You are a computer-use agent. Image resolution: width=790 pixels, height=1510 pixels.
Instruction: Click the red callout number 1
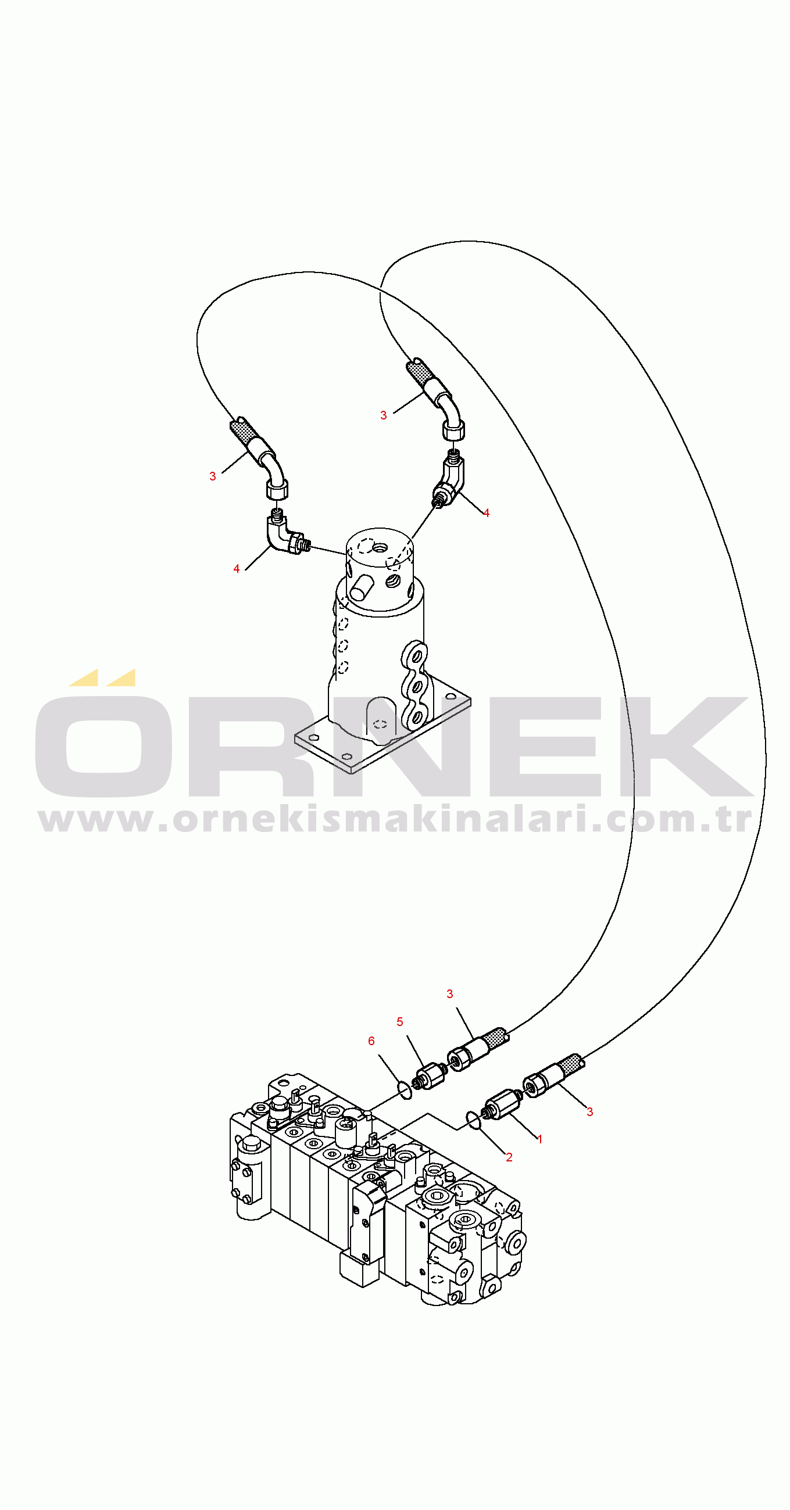[540, 1139]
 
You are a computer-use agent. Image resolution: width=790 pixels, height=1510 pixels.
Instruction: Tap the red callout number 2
[509, 1157]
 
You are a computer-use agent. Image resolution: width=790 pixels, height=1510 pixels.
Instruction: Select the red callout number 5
[400, 1022]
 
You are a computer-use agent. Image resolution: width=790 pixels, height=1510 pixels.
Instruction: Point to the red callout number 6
[371, 1041]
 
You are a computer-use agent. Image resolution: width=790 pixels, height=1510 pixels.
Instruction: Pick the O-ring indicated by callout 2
[473, 1120]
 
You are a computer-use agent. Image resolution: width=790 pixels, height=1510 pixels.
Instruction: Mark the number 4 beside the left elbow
[237, 569]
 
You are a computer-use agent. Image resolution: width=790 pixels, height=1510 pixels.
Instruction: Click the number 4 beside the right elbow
[486, 513]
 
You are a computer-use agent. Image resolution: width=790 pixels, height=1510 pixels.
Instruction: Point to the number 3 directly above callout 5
[450, 993]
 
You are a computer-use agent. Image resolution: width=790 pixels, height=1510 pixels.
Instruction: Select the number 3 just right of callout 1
[590, 1111]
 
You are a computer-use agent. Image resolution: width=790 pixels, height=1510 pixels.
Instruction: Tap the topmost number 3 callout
[384, 415]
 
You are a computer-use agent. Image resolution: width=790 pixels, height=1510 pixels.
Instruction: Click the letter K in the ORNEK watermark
[680, 745]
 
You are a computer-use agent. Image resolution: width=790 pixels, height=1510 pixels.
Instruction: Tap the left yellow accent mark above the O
[83, 677]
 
